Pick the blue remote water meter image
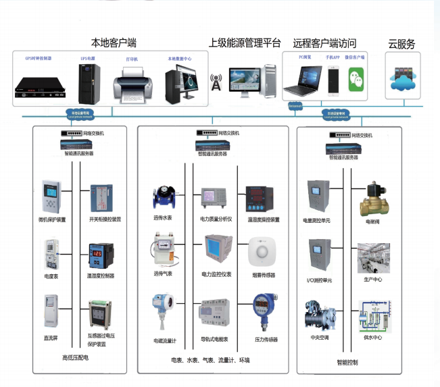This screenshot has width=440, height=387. coord(162,197)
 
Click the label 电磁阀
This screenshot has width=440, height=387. coord(373,220)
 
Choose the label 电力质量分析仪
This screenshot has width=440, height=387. coord(216,220)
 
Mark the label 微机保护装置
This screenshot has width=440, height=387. coord(52,220)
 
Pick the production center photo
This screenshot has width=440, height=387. coord(374,257)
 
